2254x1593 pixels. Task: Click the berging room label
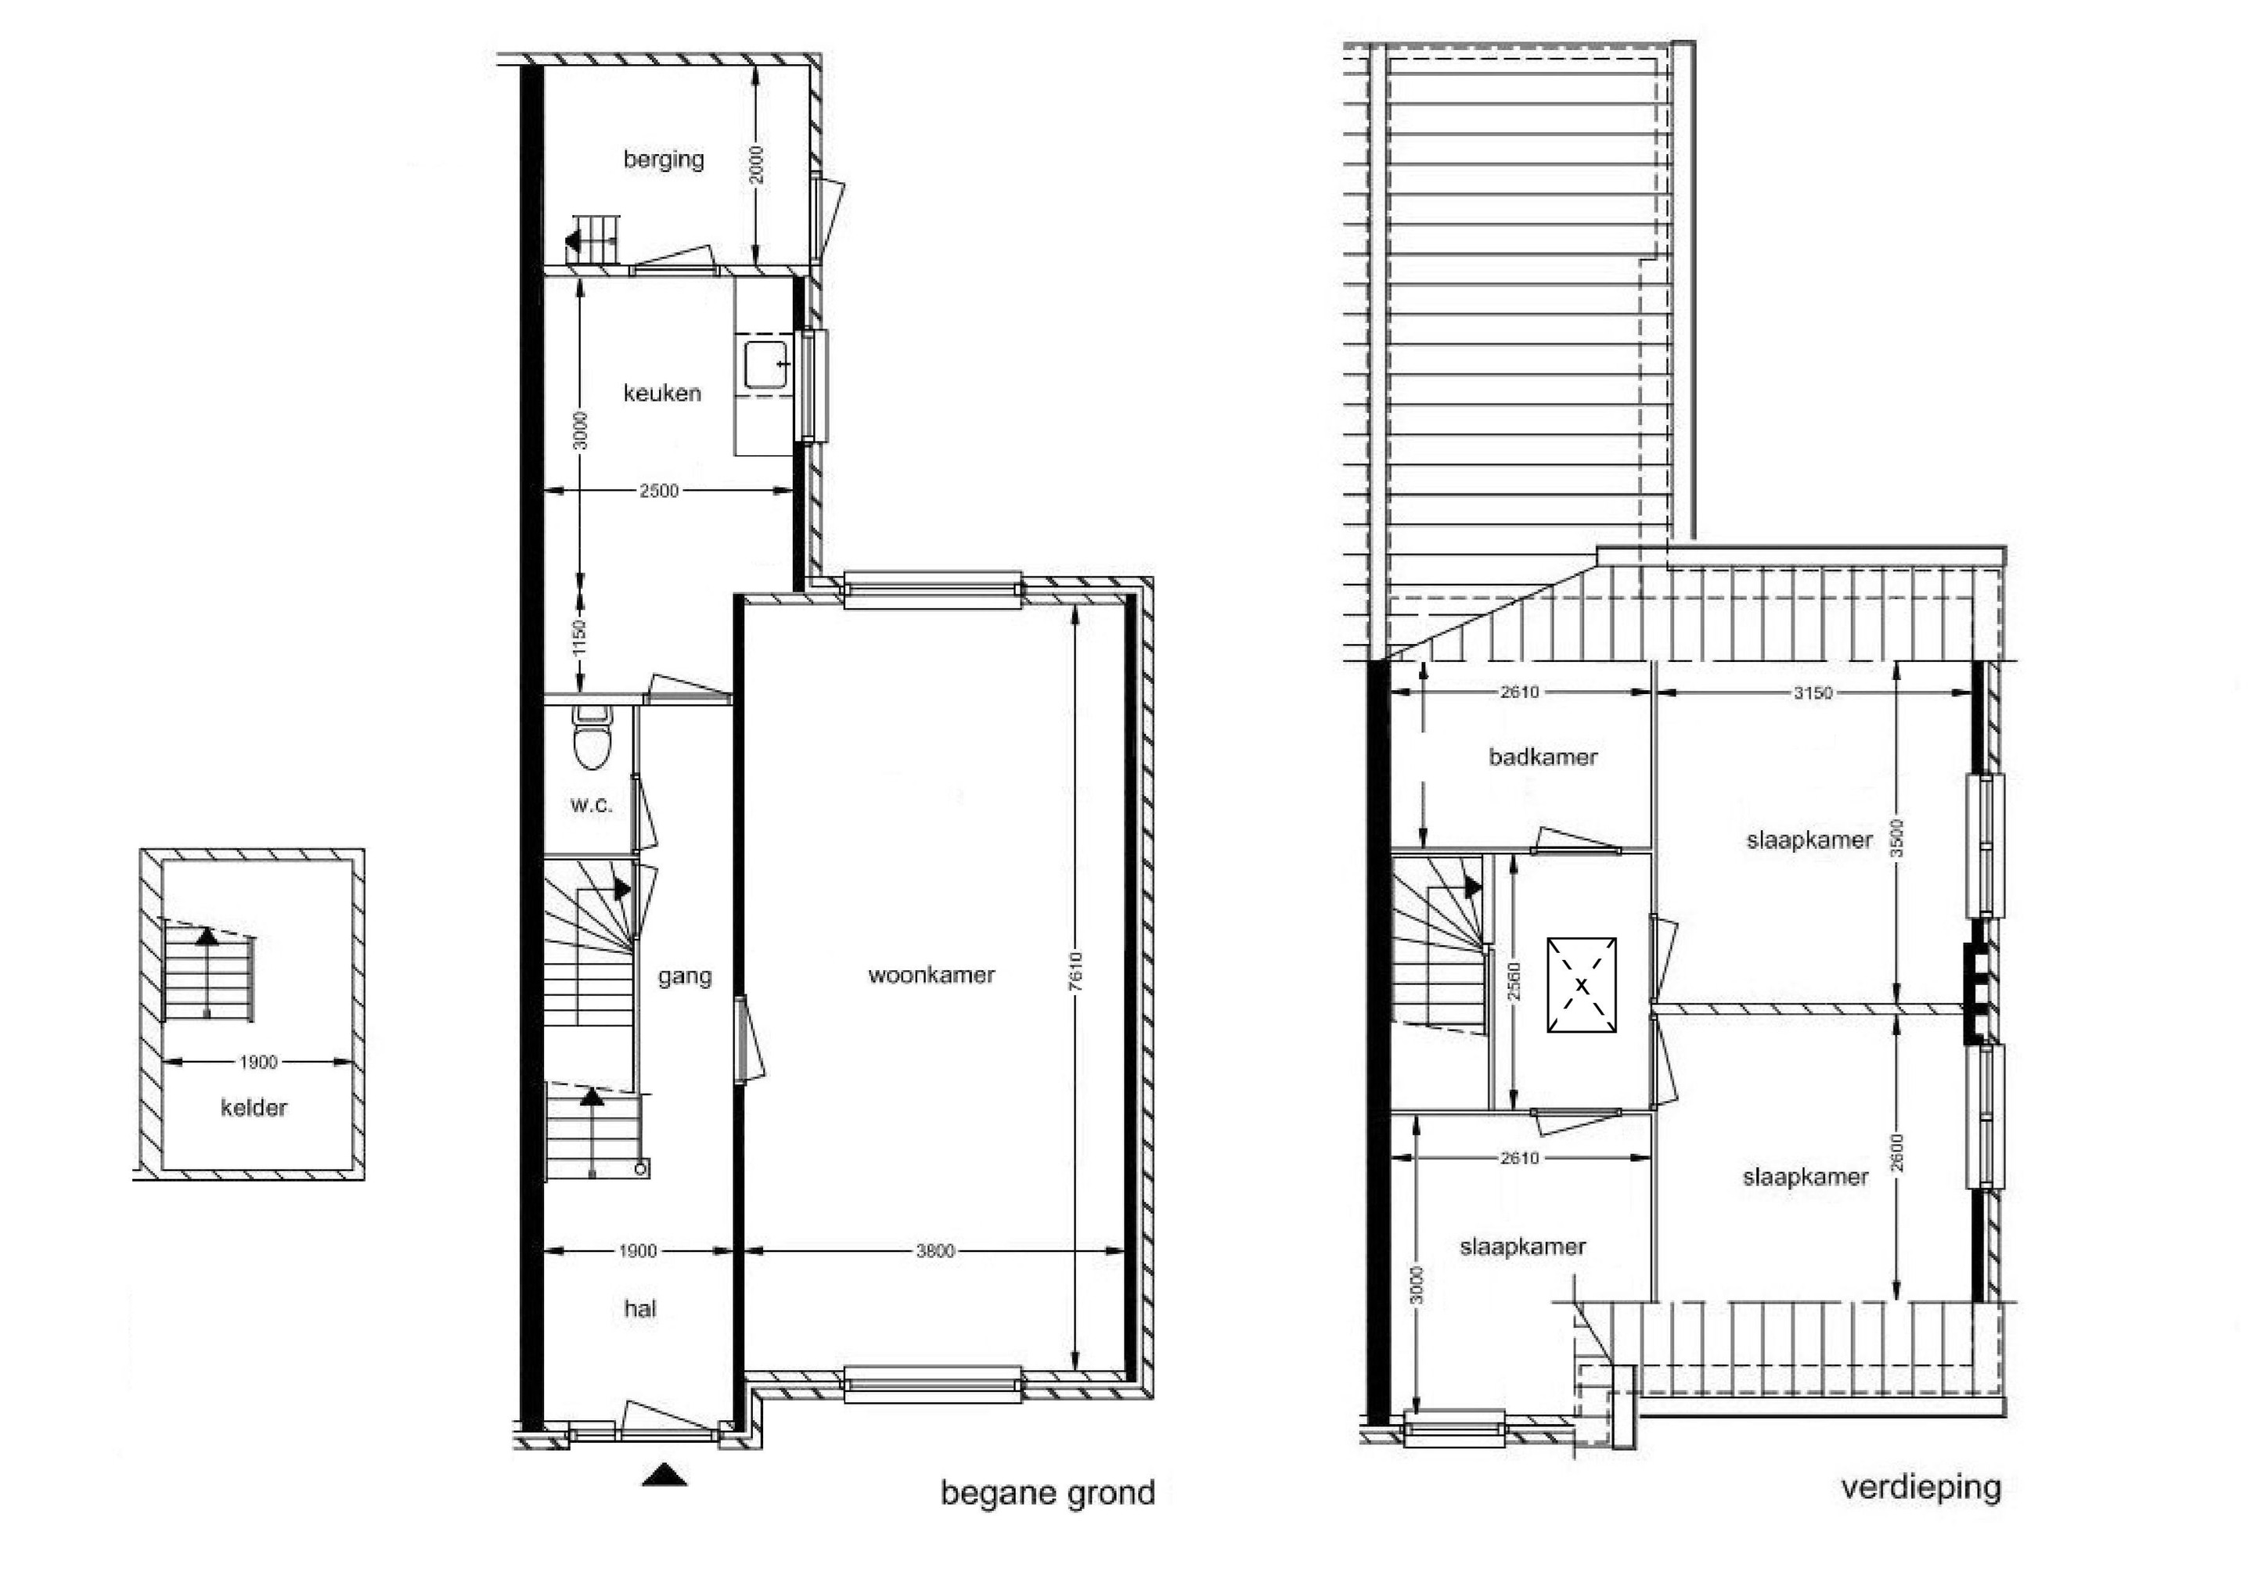coord(664,160)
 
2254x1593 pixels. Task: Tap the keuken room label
coord(663,394)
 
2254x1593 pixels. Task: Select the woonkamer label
coord(931,975)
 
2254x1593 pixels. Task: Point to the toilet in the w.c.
coord(591,737)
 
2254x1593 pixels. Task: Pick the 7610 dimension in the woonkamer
coord(1077,972)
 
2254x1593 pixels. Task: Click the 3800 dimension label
coord(934,1251)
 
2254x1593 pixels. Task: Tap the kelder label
coord(254,1108)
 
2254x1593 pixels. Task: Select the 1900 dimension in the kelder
coord(259,1062)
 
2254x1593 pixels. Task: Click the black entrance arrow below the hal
coord(664,1474)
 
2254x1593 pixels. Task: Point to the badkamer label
coord(1543,757)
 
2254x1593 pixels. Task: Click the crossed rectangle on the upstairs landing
coord(1582,984)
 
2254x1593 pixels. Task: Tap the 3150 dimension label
coord(1813,693)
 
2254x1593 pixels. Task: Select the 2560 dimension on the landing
coord(1514,981)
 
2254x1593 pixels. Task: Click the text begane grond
coord(1047,1494)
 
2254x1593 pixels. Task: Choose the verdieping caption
coord(1921,1488)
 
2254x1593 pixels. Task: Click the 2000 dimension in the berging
coord(756,165)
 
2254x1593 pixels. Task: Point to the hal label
coord(640,1308)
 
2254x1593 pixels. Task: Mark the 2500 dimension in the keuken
coord(659,491)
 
